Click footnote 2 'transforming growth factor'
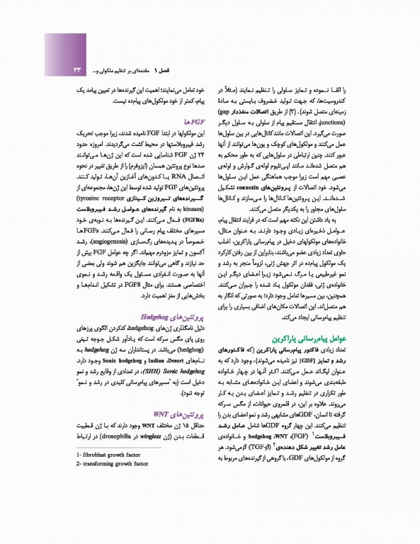tap(111, 465)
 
